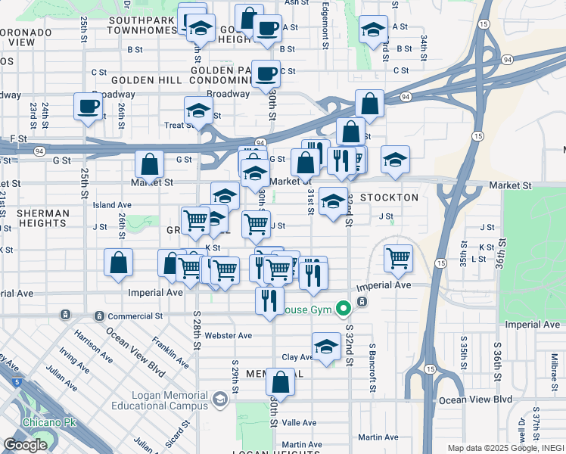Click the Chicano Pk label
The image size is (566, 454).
[x=26, y=421]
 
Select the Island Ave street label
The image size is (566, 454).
[x=112, y=205]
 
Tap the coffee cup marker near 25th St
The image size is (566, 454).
[x=88, y=106]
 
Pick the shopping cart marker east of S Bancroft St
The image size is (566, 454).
[x=398, y=258]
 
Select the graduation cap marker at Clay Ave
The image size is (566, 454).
[x=326, y=347]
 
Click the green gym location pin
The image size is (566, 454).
[x=343, y=307]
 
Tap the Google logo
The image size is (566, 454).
[x=25, y=444]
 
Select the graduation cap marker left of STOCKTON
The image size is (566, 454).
[x=333, y=201]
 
